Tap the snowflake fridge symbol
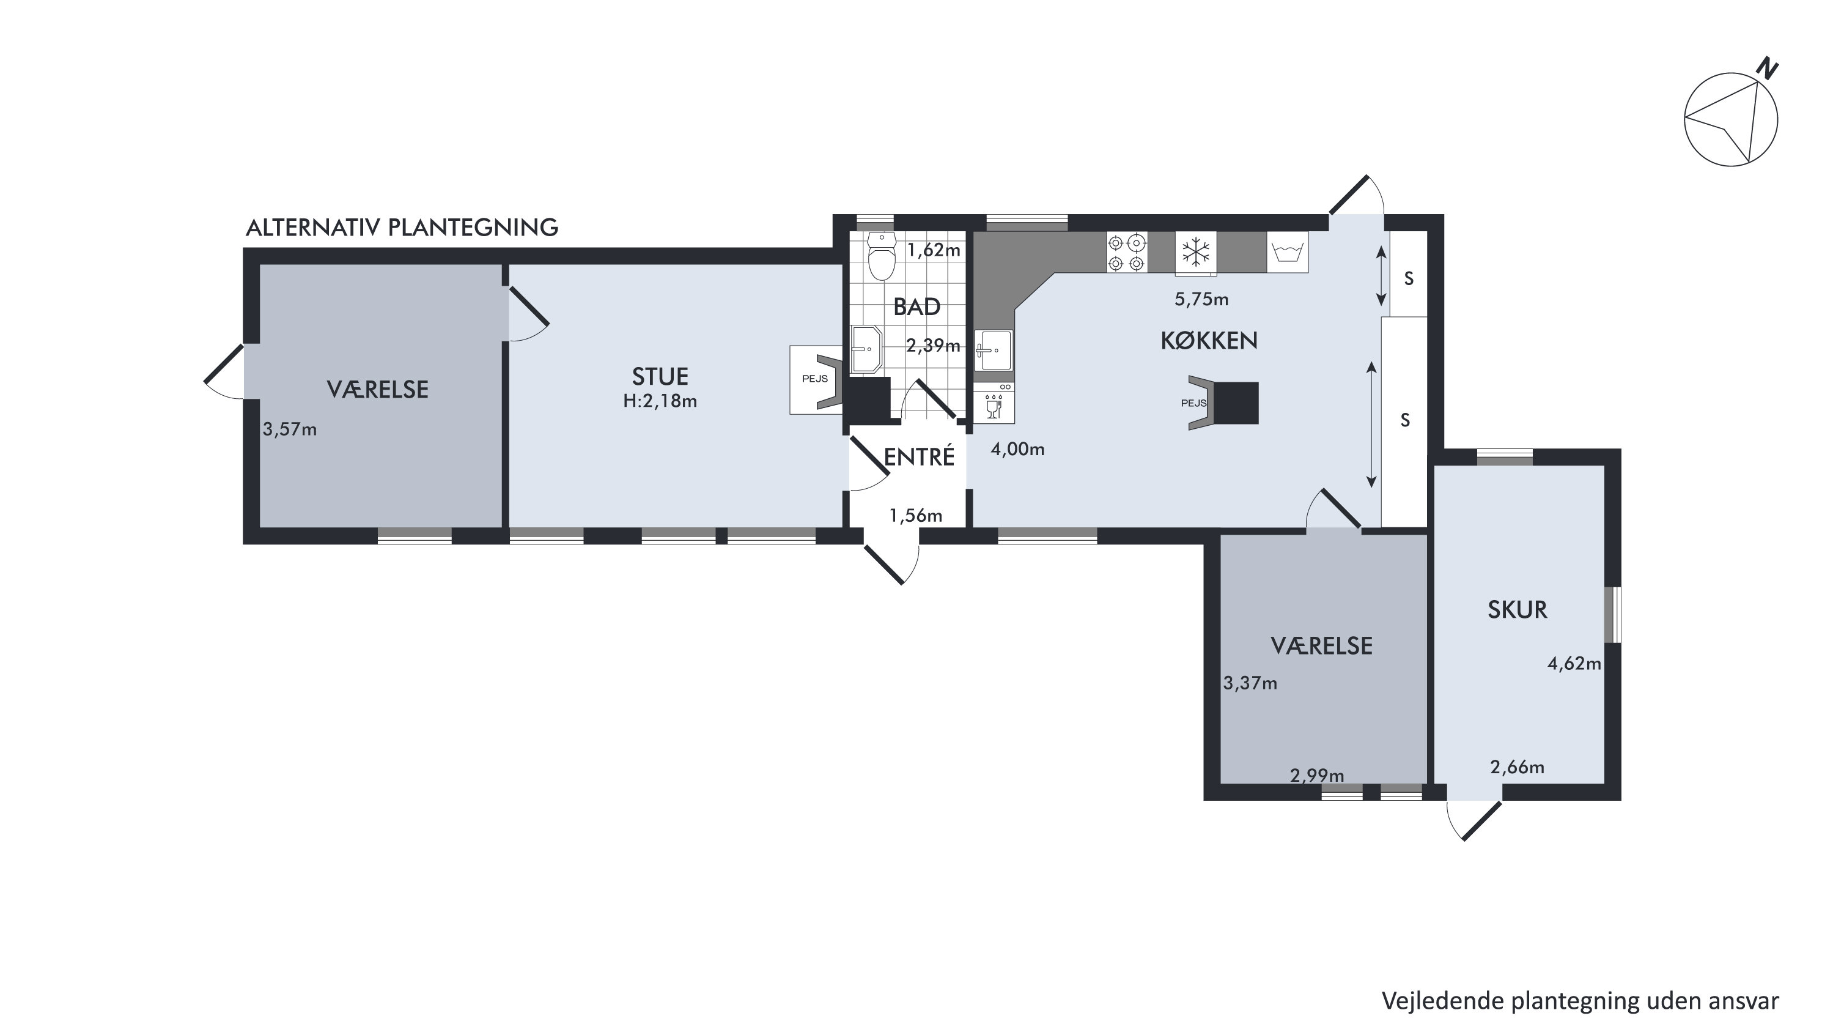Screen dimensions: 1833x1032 (x=1196, y=252)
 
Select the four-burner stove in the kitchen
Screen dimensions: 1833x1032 (x=1127, y=252)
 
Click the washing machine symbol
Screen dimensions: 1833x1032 (x=1287, y=252)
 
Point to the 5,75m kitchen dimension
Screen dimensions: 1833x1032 (x=1201, y=300)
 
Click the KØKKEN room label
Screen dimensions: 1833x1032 (x=1209, y=341)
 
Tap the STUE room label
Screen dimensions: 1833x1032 (x=660, y=376)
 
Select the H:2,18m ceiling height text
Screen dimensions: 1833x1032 (x=660, y=401)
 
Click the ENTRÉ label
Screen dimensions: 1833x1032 (x=918, y=456)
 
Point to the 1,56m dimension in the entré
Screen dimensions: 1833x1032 (x=916, y=515)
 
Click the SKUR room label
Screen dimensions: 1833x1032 (x=1517, y=610)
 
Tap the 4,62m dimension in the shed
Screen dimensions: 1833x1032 (x=1574, y=664)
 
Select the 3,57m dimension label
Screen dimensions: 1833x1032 (x=290, y=430)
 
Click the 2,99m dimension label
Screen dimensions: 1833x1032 (x=1317, y=775)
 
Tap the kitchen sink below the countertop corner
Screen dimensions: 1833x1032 (x=994, y=350)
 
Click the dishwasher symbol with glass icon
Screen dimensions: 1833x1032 (x=994, y=403)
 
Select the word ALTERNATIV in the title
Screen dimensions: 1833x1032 (x=313, y=228)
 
